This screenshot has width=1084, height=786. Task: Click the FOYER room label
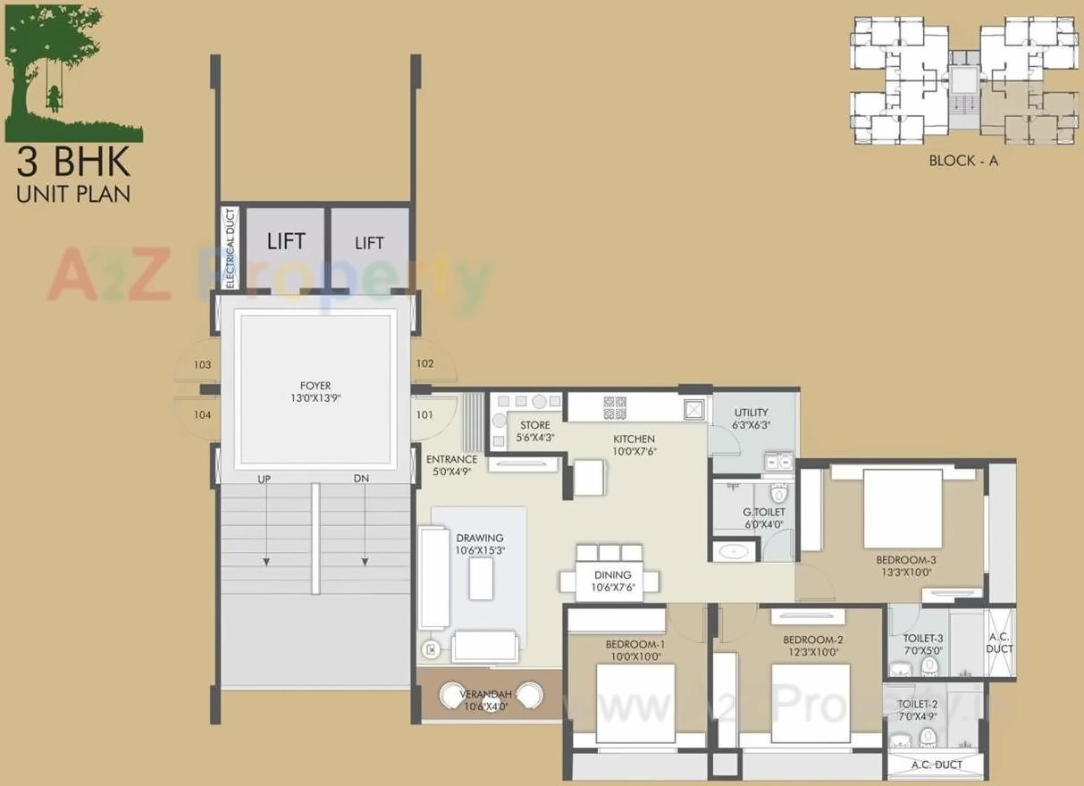point(316,386)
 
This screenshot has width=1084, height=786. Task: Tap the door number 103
point(202,365)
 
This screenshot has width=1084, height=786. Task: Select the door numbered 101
point(425,414)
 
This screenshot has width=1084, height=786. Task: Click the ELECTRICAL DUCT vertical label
point(231,248)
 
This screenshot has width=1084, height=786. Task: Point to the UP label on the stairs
point(264,480)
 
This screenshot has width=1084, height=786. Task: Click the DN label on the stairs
point(361,480)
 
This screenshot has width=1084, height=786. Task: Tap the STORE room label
point(534,425)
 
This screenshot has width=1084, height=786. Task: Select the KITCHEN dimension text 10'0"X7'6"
point(634,452)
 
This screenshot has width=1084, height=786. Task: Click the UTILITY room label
point(751,413)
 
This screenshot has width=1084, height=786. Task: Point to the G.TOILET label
point(763,512)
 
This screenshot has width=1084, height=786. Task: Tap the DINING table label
point(611,575)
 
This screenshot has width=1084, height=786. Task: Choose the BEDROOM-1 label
point(635,644)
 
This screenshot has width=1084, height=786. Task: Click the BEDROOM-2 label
point(812,640)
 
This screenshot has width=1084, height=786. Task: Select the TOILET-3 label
point(923,639)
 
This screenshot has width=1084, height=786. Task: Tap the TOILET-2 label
point(919,705)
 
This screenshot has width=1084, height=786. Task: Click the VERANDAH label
point(484,694)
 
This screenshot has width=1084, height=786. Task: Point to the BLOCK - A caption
point(962,162)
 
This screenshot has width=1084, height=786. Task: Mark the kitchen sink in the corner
point(694,408)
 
